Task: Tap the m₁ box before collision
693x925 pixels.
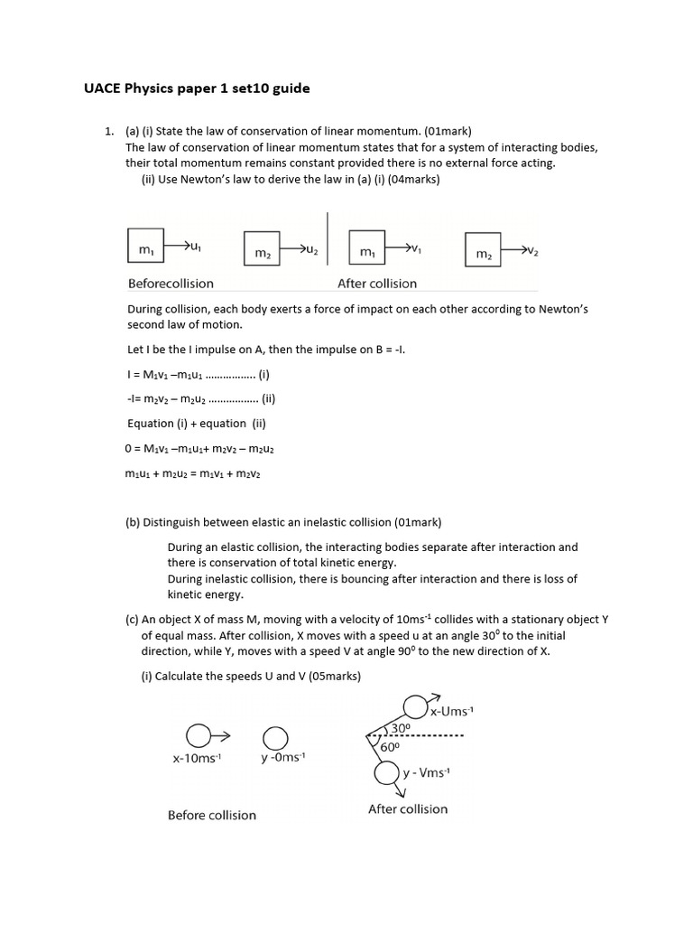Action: [x=145, y=248]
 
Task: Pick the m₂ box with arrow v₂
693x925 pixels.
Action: [x=484, y=250]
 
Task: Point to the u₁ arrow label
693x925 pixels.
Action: [x=195, y=245]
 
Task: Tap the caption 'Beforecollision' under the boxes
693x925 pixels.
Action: [x=171, y=284]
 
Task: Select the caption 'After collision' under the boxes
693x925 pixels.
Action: [x=377, y=284]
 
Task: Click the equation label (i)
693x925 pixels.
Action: [x=263, y=374]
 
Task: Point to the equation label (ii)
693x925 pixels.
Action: [x=267, y=398]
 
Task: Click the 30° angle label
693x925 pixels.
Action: [x=402, y=727]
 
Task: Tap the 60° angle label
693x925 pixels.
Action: [x=389, y=747]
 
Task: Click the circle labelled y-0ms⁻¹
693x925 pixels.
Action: [x=275, y=737]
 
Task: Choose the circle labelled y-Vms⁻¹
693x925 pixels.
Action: [x=387, y=773]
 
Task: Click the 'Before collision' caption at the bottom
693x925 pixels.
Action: [x=212, y=815]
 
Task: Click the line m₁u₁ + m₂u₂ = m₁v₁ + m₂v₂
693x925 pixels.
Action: [x=193, y=473]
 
